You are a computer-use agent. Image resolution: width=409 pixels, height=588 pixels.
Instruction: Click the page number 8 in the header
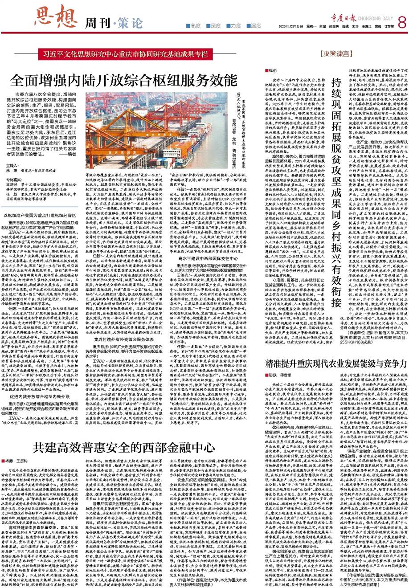pos(401,20)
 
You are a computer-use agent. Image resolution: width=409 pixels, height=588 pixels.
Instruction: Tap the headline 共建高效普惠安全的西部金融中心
pos(115,446)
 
